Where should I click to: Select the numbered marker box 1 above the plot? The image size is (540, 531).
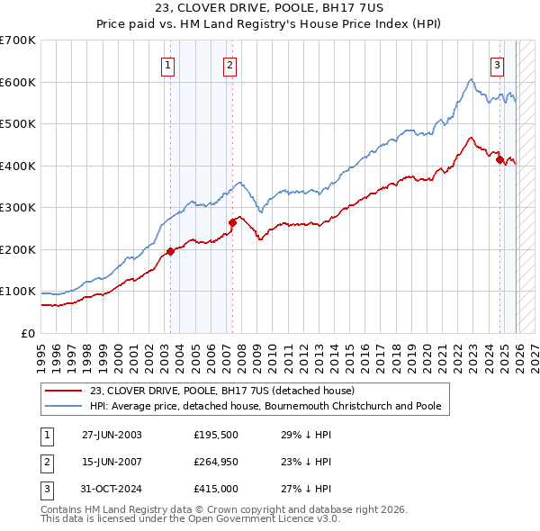[169, 64]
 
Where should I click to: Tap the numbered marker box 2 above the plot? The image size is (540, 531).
[230, 64]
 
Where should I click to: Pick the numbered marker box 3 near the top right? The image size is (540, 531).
[497, 64]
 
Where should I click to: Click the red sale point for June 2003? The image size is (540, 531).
[170, 251]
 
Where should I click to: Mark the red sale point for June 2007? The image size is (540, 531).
[232, 222]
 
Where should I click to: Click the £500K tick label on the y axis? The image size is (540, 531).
[18, 123]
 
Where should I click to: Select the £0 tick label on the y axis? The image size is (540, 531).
[28, 333]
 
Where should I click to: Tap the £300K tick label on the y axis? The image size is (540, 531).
[18, 207]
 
